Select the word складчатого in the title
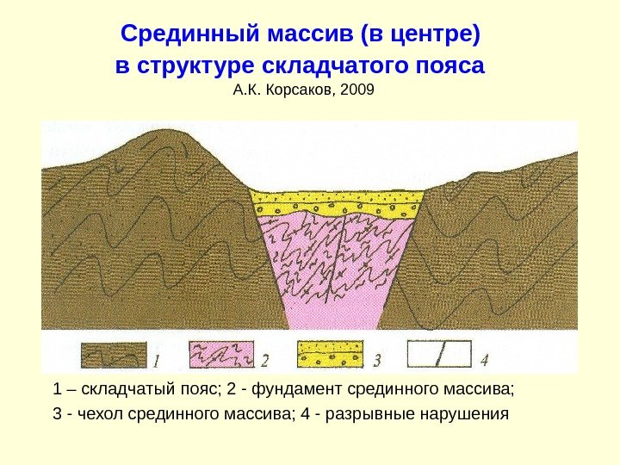(x=323, y=65)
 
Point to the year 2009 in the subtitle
(x=359, y=89)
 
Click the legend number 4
(x=485, y=356)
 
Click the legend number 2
(x=265, y=356)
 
